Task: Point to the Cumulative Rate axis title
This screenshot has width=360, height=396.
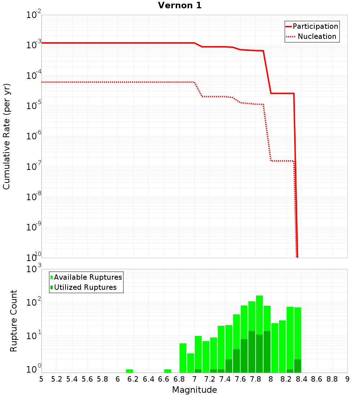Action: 6,136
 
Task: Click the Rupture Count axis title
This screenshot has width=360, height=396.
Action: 14,321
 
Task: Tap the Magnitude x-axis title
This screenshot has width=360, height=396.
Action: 194,390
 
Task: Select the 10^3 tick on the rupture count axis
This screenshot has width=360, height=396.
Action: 34,269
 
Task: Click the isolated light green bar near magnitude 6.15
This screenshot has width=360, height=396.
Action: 129,371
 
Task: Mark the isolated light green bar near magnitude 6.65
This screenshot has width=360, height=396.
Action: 167,371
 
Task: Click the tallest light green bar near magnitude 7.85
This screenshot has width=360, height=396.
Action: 259,313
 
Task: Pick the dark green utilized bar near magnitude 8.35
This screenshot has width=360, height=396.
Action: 297,366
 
